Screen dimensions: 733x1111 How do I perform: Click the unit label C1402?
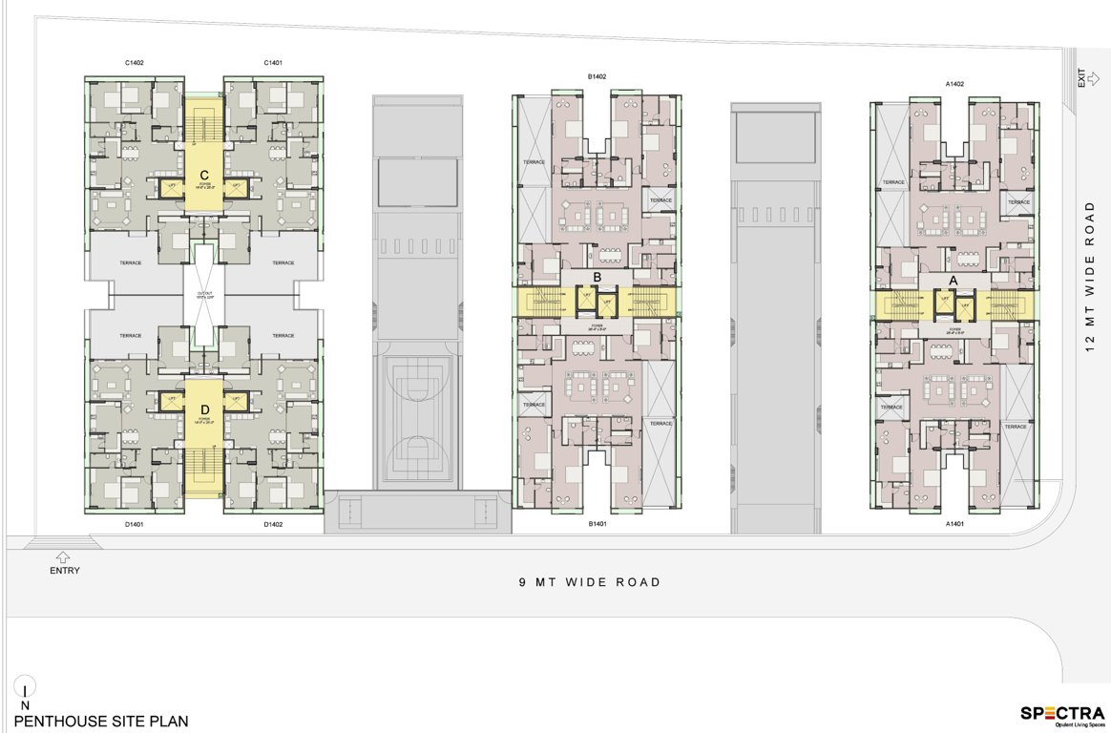[134, 63]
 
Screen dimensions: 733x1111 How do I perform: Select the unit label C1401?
[274, 63]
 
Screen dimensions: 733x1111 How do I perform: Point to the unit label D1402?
[274, 524]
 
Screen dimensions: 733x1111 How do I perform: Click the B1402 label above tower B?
[597, 75]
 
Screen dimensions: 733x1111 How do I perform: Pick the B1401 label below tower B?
[597, 524]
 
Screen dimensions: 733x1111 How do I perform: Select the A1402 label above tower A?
[954, 84]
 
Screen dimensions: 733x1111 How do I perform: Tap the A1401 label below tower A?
[954, 524]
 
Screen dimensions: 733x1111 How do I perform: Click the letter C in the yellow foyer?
[204, 176]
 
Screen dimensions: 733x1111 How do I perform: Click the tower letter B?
[597, 278]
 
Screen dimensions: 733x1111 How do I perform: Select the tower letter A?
[952, 280]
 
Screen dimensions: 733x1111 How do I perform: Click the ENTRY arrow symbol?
[64, 555]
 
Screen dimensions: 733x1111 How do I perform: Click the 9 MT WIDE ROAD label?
[589, 582]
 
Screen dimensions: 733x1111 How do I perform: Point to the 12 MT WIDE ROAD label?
[1088, 277]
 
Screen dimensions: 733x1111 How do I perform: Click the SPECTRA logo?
[1062, 713]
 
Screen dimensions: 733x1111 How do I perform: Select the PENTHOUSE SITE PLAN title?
[101, 722]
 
